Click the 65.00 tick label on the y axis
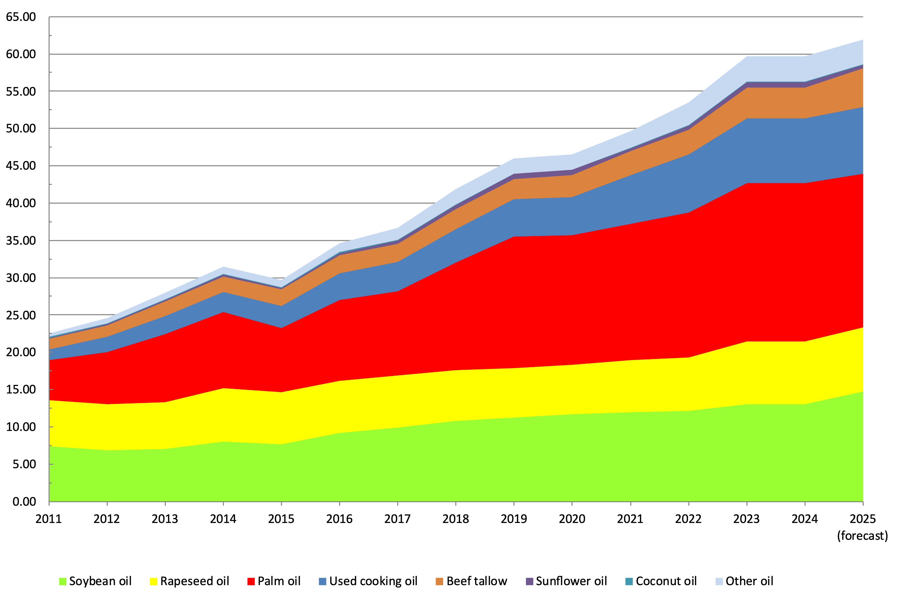21,17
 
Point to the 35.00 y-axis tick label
21,241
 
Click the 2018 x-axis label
456,519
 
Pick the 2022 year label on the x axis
688,519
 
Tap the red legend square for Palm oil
251,581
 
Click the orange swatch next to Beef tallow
439,581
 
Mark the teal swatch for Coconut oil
629,581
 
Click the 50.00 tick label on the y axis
21,129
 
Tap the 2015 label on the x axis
281,519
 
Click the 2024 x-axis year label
804,519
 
